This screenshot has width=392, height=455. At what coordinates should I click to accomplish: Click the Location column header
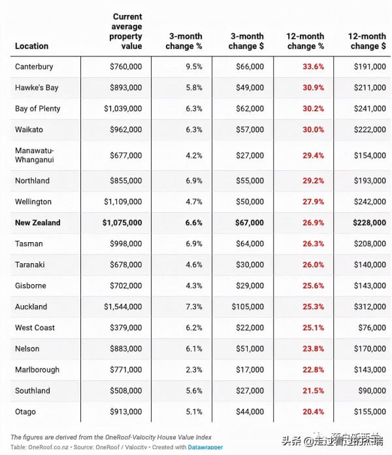point(31,46)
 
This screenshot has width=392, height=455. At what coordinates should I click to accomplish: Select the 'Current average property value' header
point(127,31)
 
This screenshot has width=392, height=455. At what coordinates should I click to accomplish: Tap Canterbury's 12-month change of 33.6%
point(313,67)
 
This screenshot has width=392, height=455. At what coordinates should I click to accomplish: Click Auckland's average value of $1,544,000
point(122,306)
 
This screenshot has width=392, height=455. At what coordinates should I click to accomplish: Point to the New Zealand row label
point(37,223)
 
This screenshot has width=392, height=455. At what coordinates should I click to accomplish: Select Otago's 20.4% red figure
point(313,412)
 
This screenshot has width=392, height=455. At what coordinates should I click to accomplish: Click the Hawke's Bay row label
point(37,88)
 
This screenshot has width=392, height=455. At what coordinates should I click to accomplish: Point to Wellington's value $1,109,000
point(122,202)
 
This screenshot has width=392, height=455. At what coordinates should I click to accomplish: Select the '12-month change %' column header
point(305,41)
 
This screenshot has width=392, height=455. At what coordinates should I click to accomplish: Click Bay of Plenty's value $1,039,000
point(122,109)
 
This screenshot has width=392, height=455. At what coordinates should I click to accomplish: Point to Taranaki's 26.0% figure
point(313,264)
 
